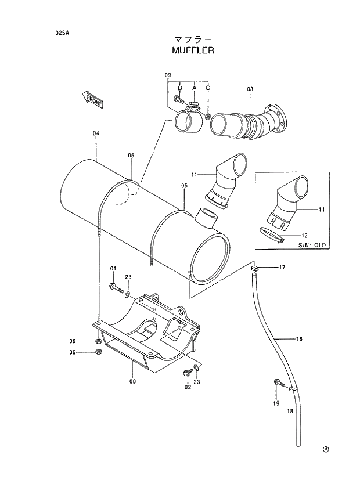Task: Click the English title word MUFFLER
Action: [x=193, y=50]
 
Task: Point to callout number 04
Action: [x=96, y=133]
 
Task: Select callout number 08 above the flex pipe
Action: [x=250, y=89]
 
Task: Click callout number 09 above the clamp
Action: [x=168, y=75]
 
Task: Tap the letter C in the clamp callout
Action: [x=208, y=88]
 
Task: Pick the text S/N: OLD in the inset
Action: [x=313, y=245]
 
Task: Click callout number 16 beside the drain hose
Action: [x=300, y=338]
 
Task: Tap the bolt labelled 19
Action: [x=278, y=382]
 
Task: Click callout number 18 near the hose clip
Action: [x=289, y=411]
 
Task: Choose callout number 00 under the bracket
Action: [x=132, y=381]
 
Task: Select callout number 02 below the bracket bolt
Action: [x=188, y=387]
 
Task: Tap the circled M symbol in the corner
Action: [x=326, y=449]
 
